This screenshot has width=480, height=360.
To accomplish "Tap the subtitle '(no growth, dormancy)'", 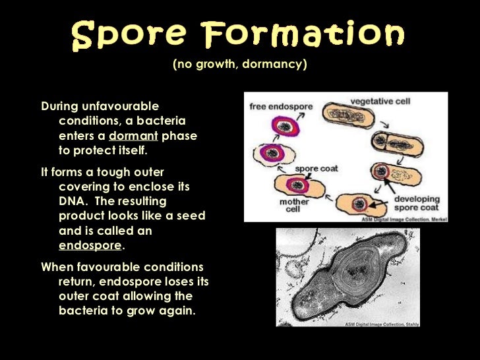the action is tap(240, 65).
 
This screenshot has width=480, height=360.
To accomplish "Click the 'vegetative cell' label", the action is tap(380, 102).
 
